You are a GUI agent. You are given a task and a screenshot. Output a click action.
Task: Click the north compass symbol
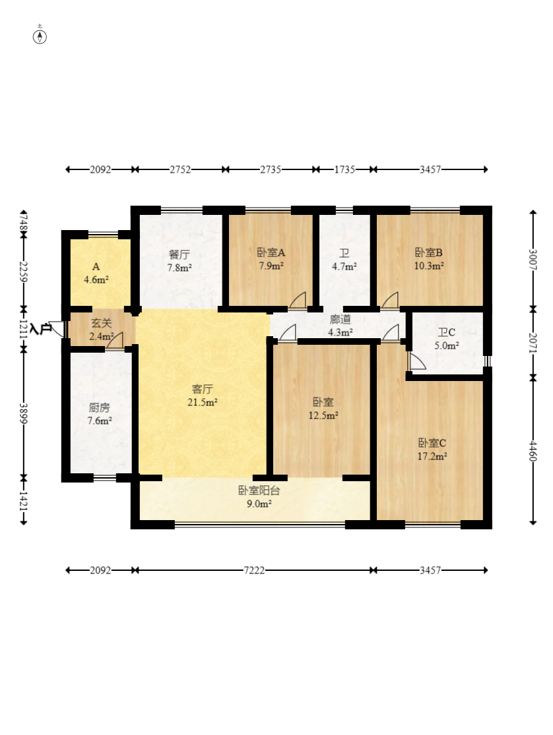40,36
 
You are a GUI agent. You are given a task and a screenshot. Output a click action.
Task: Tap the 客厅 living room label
203,388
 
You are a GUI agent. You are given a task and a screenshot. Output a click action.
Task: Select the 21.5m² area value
203,402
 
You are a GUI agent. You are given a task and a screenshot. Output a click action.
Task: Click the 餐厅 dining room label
179,254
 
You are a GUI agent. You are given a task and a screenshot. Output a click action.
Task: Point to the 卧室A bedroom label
271,252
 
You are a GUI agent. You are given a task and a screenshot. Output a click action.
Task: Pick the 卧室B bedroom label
428,252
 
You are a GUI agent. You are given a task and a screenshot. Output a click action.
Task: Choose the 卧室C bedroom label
432,443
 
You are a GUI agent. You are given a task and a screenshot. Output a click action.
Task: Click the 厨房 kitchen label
100,407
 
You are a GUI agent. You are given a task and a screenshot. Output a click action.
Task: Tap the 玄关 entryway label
102,323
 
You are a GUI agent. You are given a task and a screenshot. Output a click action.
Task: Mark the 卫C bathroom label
447,332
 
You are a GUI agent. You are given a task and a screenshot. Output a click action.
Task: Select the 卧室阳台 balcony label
259,491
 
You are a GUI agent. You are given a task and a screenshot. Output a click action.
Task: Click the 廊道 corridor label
341,319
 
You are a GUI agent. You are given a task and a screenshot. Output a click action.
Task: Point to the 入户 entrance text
40,328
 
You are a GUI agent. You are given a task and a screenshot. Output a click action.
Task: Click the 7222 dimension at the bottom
254,570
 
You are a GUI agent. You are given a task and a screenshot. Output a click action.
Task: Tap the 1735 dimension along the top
344,169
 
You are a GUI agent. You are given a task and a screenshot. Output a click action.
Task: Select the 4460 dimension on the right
533,450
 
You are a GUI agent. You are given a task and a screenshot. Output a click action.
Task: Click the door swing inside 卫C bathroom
416,361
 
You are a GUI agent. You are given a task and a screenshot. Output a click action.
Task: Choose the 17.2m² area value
432,456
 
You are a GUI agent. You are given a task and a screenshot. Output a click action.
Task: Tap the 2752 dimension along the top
180,169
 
